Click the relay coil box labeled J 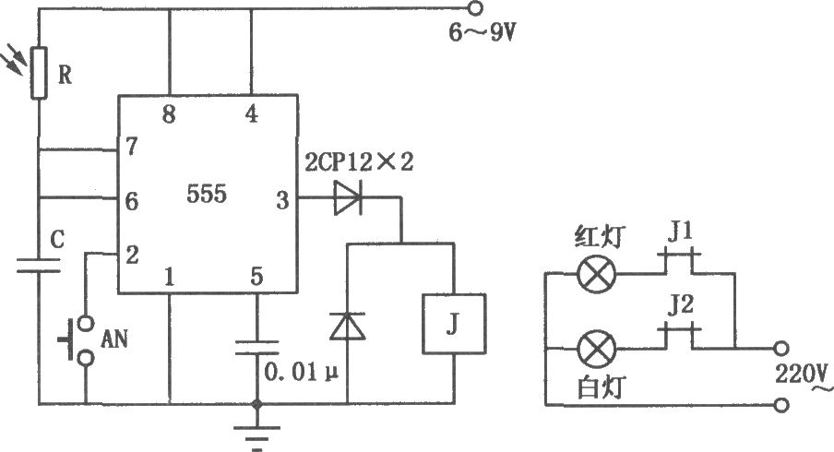(x=454, y=324)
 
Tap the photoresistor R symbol (x=39, y=73)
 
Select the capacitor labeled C (x=39, y=266)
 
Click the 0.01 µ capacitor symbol (x=256, y=348)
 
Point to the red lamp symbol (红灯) (x=596, y=274)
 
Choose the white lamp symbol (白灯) (x=596, y=349)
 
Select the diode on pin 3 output (x=348, y=197)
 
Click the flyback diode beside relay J (x=347, y=326)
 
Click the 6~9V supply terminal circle (x=475, y=8)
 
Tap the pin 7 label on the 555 (x=131, y=147)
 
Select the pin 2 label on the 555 (x=132, y=256)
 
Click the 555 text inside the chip (x=207, y=194)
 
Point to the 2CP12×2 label (x=359, y=162)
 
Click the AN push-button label (x=114, y=339)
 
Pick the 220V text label (x=801, y=375)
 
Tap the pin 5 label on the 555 (x=256, y=277)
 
